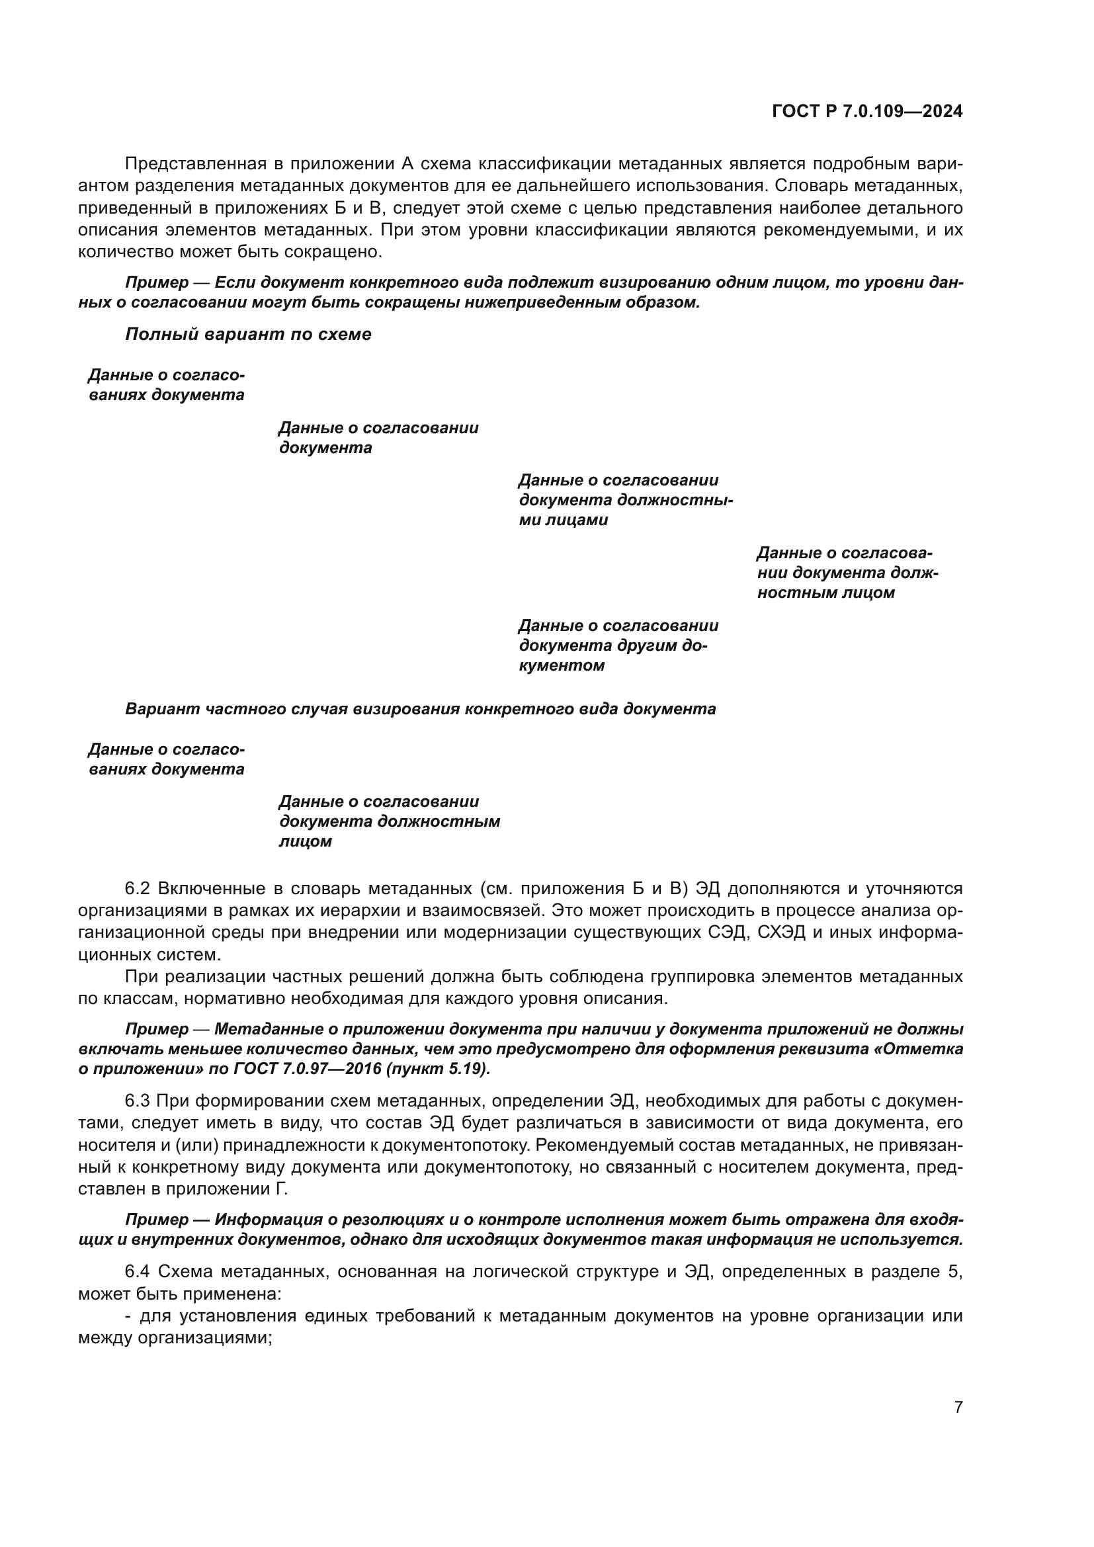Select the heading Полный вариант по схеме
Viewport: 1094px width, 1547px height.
(x=248, y=334)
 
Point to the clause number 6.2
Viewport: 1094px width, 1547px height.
(x=139, y=889)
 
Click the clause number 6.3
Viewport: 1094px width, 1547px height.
(x=139, y=1102)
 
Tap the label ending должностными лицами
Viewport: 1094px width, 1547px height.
(x=625, y=500)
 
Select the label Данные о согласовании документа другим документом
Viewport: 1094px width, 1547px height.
(x=618, y=646)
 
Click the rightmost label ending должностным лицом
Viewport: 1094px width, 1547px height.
(x=847, y=573)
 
